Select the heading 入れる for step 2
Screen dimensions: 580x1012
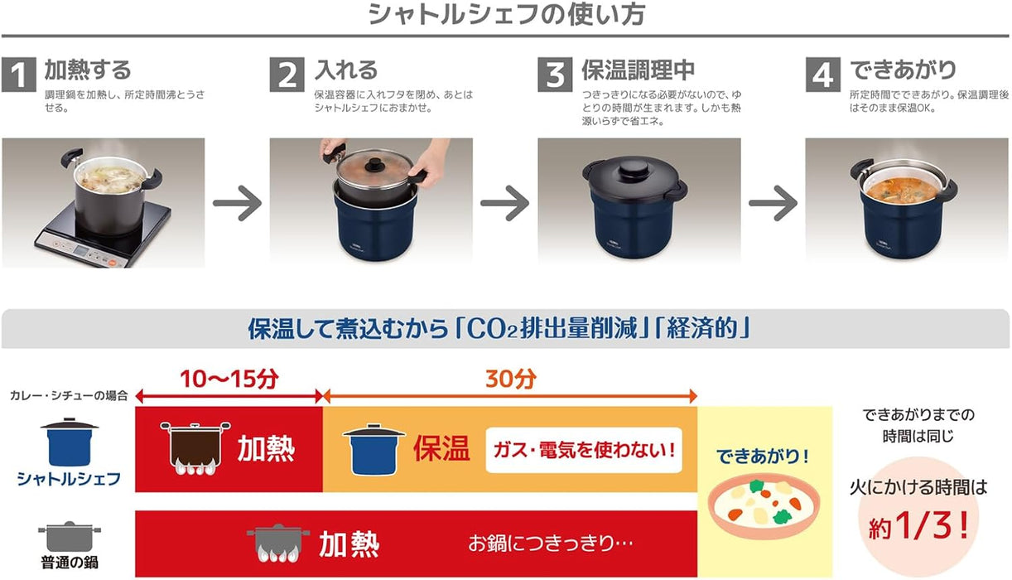[x=346, y=70]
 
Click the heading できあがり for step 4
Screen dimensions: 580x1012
[x=903, y=70]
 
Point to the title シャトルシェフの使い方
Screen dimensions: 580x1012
[x=505, y=15]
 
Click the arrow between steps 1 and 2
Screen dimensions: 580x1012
[x=237, y=203]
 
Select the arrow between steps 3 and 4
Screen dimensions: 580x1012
[x=773, y=203]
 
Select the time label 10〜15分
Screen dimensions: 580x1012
[x=229, y=379]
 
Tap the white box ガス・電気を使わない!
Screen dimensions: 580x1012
[x=583, y=450]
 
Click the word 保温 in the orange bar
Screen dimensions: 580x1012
[x=441, y=449]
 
